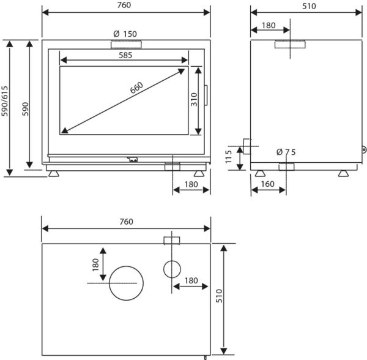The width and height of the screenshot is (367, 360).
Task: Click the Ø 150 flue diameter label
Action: coord(125,34)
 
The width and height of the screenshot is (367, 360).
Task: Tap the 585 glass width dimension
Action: coord(125,55)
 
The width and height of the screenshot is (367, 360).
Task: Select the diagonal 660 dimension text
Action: coord(136,88)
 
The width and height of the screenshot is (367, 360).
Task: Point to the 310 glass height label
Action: coord(194,100)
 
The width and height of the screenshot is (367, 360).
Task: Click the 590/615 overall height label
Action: coord(5,101)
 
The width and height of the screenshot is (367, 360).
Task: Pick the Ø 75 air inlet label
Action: coord(286,152)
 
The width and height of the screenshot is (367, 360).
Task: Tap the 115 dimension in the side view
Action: coord(228,157)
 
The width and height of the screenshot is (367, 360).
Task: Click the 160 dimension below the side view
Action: coord(267,184)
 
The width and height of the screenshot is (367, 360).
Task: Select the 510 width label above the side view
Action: coord(309,6)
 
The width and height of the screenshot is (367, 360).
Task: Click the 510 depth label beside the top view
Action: coord(220,296)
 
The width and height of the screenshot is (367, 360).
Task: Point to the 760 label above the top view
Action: coord(126,222)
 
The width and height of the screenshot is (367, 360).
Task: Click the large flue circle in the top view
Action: coord(126,266)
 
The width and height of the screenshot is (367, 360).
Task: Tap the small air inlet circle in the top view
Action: coord(172,261)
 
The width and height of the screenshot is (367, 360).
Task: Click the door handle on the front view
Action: coord(206,96)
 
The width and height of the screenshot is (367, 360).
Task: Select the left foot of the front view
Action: coord(54,173)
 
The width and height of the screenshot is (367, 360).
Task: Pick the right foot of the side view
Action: coord(343,173)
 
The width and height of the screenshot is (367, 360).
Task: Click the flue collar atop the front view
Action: coord(127,45)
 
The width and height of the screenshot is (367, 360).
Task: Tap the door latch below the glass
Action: coord(133,159)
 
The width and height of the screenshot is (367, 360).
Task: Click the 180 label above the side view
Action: coord(269,25)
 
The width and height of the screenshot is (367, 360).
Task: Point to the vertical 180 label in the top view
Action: coord(95,265)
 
